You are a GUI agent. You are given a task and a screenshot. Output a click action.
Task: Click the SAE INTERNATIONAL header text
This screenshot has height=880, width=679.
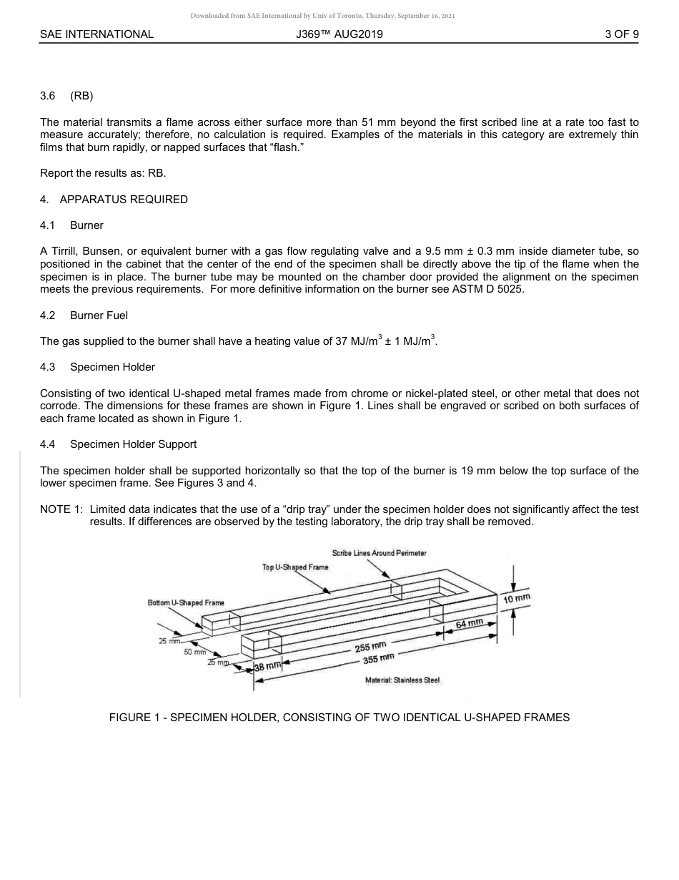tap(96, 34)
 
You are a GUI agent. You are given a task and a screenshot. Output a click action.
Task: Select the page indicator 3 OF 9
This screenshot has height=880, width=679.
tap(621, 34)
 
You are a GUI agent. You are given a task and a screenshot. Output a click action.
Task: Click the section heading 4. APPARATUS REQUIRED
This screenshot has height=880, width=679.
tap(114, 200)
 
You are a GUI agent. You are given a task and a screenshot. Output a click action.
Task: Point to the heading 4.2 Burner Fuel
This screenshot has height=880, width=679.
tap(84, 316)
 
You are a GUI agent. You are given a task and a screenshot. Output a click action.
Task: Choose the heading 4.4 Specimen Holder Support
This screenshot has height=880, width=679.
tap(118, 444)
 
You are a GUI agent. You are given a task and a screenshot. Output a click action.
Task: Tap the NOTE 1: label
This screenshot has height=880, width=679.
tap(61, 509)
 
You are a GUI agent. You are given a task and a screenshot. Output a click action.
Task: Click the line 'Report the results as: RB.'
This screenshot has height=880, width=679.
tap(103, 174)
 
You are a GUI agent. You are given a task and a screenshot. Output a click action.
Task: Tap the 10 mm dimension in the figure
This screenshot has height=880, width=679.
tap(516, 599)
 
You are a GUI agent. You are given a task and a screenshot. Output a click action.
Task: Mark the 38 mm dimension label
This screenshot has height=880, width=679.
tap(269, 667)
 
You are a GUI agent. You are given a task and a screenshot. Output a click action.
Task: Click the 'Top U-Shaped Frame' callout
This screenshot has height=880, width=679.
tap(295, 567)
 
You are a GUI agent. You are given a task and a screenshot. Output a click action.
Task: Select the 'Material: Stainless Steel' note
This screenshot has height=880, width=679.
tap(402, 679)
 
